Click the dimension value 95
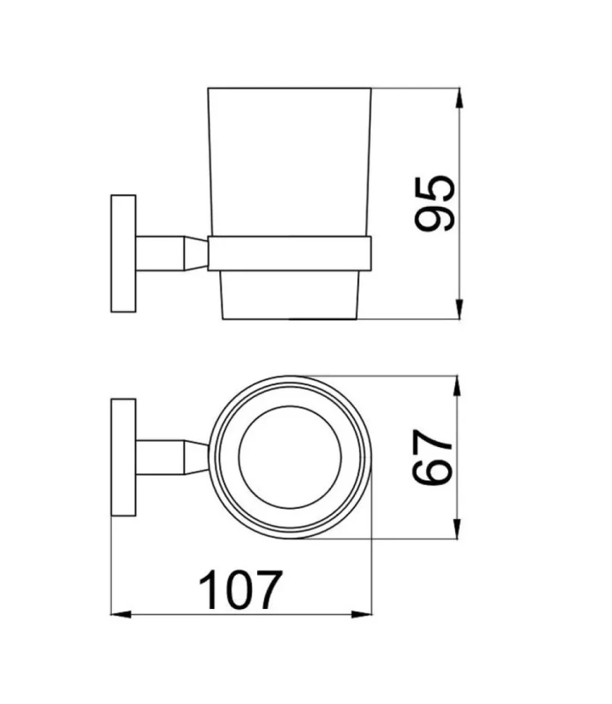(x=434, y=204)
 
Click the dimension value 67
(x=432, y=457)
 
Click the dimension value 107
(x=241, y=590)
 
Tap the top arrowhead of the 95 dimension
(x=459, y=97)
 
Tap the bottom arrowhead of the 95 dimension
(x=459, y=309)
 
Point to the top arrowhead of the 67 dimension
(x=457, y=385)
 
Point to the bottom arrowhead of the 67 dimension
(x=457, y=528)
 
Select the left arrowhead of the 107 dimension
(x=121, y=614)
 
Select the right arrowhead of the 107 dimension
(x=362, y=614)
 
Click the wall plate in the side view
(x=123, y=254)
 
